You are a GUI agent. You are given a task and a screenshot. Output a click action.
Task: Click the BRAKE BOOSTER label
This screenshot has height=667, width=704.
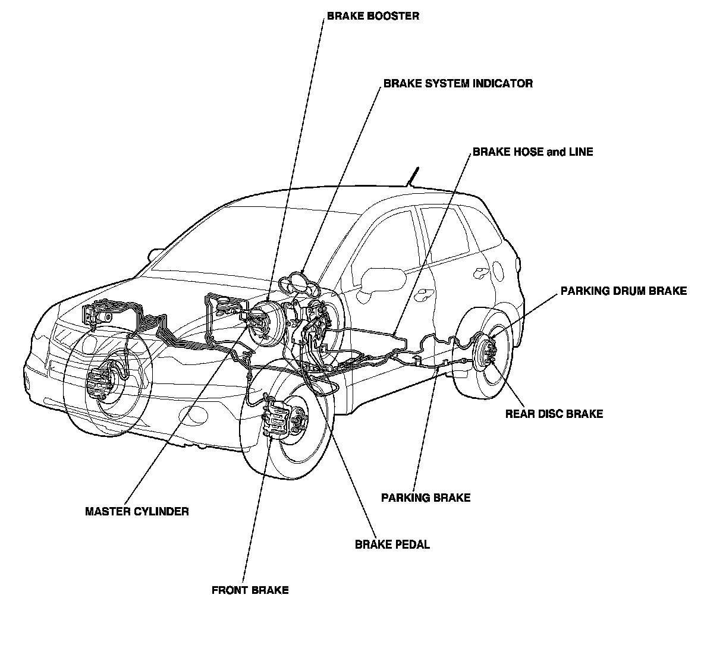373,16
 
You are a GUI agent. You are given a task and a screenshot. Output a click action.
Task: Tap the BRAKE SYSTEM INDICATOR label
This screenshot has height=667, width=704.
458,84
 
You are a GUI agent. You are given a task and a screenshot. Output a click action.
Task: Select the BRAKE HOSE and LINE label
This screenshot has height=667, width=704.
533,152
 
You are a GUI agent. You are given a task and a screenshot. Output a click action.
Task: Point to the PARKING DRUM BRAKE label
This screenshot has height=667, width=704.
624,291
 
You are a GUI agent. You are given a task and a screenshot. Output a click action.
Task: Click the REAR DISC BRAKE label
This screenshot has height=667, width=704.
554,414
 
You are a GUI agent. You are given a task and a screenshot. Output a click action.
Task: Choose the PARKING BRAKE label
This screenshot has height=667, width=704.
426,498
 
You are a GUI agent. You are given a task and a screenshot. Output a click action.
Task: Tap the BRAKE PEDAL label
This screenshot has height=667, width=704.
392,545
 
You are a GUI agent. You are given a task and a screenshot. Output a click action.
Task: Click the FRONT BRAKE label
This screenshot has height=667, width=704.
250,590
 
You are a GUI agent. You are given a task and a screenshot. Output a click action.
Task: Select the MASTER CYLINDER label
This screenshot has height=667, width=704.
137,511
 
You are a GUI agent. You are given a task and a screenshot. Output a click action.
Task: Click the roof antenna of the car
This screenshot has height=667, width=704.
411,177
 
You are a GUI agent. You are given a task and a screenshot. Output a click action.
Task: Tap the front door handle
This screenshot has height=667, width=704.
425,293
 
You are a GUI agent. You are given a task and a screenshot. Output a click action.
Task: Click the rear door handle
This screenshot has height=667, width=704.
479,273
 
